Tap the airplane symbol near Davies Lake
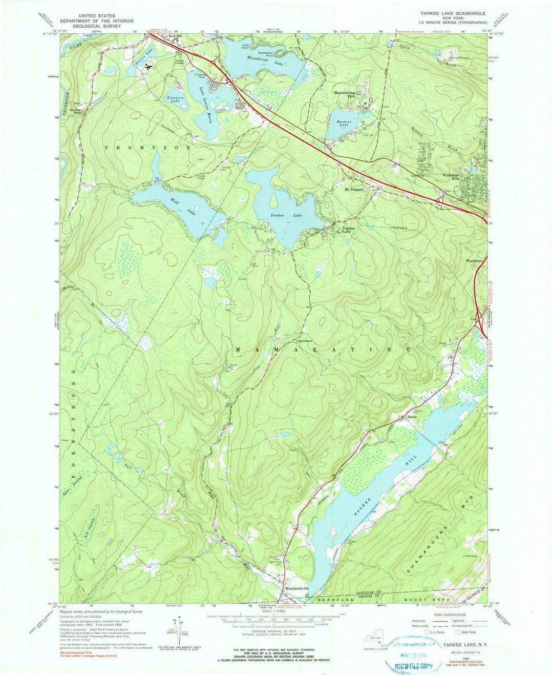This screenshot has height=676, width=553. click(149, 67)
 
